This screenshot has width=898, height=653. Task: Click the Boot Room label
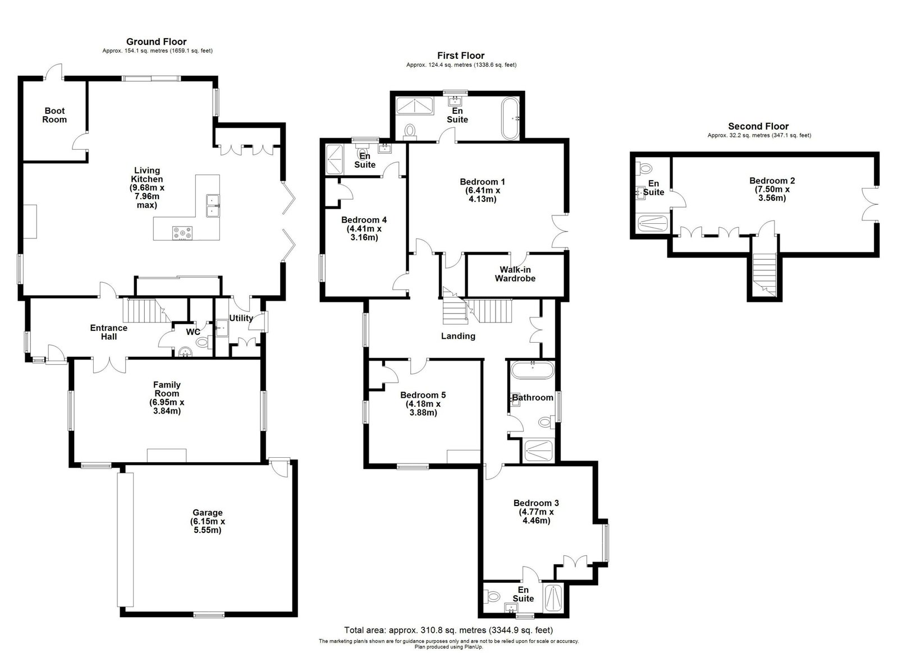pos(54,116)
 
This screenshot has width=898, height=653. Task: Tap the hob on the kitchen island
pos(182,233)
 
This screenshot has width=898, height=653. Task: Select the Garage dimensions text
pos(207,526)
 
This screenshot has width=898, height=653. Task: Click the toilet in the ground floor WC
pos(203,342)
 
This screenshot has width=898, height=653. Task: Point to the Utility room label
pos(241,318)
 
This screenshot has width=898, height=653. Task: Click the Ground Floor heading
pos(157,42)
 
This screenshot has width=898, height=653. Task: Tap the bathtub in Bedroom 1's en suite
pos(510,118)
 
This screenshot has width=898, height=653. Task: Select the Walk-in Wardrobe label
pos(515,274)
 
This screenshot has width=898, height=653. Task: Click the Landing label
pos(458,336)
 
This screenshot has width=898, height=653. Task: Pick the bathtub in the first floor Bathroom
pos(533,370)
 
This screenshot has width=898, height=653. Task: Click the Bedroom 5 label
pos(423,395)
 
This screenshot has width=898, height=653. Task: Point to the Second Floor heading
pos(758,126)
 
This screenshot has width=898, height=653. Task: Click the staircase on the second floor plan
pos(764,274)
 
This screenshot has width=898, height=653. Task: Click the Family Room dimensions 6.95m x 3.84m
pos(167,407)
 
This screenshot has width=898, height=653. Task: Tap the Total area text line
pos(448,630)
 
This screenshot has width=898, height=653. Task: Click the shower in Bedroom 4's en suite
pos(335,159)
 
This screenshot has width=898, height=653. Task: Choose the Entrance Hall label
pos(109,332)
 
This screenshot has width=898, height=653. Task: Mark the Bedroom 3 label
pos(536,503)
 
